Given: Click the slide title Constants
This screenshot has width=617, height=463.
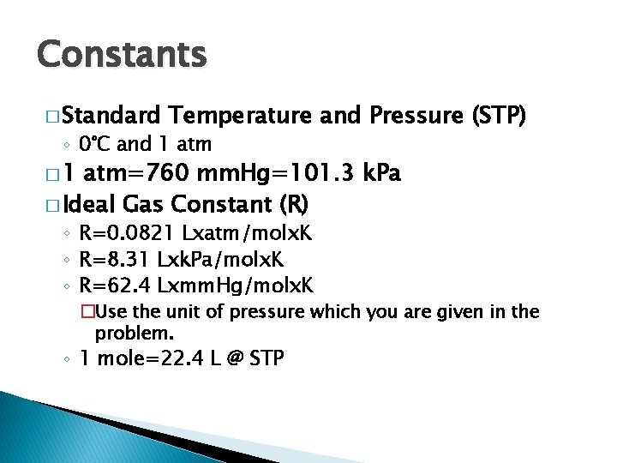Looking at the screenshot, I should coord(122,56).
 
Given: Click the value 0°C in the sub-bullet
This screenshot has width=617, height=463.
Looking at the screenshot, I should coord(92,143).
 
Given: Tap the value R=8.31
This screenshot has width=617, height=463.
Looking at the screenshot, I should coord(113,259).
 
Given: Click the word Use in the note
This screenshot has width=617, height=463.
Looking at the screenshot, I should coord(113,312).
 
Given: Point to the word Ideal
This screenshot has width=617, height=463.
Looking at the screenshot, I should coord(90,206).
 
